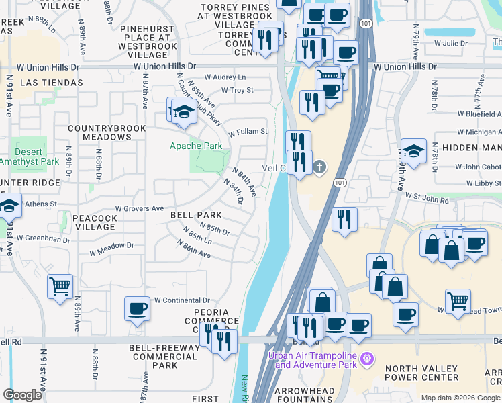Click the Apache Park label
click(x=195, y=146)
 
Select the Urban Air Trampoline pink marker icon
click(x=366, y=359)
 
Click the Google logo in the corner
click(x=22, y=395)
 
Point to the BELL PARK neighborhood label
click(x=196, y=214)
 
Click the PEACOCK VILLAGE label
click(x=95, y=222)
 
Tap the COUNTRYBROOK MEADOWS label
click(x=99, y=132)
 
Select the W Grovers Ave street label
click(x=140, y=209)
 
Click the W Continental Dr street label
click(x=182, y=300)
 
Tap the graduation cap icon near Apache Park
click(x=183, y=111)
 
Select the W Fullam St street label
click(x=248, y=132)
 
